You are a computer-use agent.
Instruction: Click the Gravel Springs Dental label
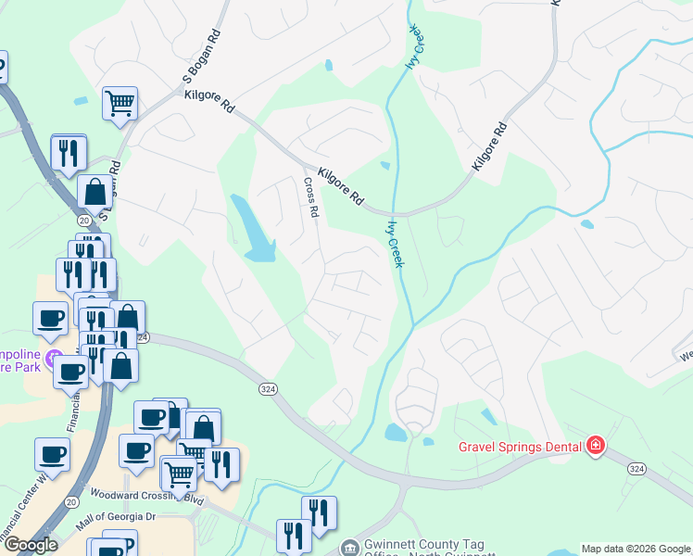click(x=520, y=447)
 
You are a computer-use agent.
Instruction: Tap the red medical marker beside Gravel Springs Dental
click(x=595, y=447)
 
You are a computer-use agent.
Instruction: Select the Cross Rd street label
click(x=310, y=198)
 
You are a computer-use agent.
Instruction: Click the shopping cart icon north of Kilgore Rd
click(x=120, y=104)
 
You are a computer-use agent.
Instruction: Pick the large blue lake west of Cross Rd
click(x=251, y=228)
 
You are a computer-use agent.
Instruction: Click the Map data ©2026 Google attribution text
click(x=636, y=549)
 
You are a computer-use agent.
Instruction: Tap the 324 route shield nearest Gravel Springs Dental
click(x=636, y=471)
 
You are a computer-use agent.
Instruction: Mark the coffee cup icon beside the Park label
click(x=50, y=318)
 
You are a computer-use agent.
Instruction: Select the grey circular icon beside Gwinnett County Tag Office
click(x=349, y=549)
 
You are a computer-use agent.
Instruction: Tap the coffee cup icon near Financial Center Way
click(x=52, y=454)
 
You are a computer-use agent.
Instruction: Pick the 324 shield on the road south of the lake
click(x=268, y=389)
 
